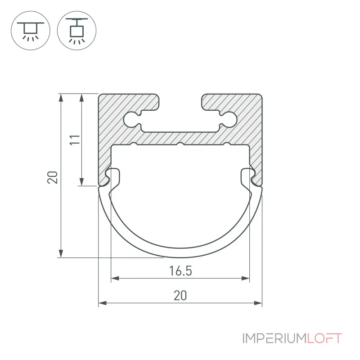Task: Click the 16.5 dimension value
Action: tap(180, 271)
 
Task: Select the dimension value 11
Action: tap(75, 140)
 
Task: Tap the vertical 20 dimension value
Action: tap(52, 177)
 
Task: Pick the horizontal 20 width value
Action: tap(180, 296)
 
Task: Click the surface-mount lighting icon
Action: tap(31, 31)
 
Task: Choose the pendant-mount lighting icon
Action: tap(76, 31)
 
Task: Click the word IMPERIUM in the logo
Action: tap(274, 339)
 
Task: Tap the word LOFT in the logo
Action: tap(324, 339)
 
